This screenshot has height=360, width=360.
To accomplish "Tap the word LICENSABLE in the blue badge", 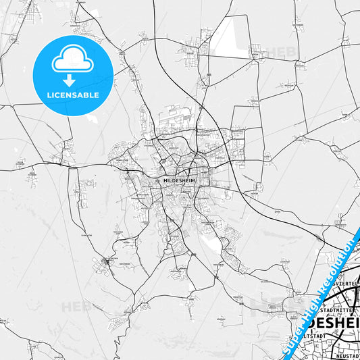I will tap(73, 95).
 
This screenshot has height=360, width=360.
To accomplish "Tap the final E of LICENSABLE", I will tap(97, 95).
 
